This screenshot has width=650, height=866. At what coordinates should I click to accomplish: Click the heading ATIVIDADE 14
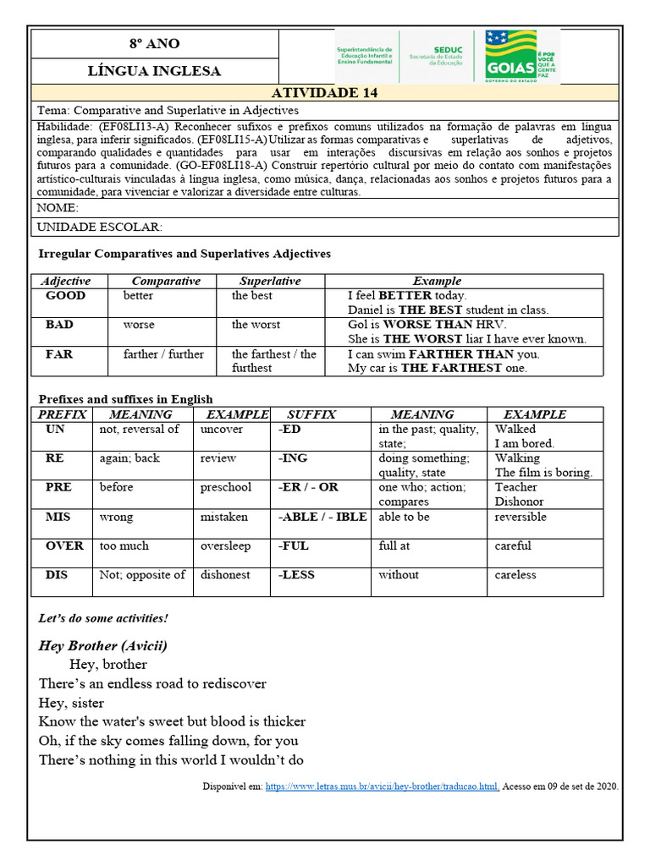pos(324,93)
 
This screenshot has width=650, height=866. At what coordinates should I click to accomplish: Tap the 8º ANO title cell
pos(154,43)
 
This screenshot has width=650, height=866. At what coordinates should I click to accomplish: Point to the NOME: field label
pos(58,208)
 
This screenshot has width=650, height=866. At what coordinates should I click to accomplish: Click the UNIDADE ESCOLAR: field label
pos(99,227)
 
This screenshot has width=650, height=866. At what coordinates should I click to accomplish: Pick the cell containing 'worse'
pos(139,325)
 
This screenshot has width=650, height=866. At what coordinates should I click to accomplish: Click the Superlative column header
pos(269,281)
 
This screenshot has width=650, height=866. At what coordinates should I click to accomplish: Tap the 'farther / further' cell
pos(163,354)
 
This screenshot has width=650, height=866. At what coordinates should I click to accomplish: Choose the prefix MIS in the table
pos(58,517)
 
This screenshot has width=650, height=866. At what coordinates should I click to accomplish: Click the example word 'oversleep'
pos(226,545)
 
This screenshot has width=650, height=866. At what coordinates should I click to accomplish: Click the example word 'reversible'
pos(521,517)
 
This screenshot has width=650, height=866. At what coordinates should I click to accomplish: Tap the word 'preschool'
pos(226,487)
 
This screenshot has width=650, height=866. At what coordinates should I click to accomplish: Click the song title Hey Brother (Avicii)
pos(103,645)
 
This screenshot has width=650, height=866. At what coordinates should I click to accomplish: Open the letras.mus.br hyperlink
pos(382,786)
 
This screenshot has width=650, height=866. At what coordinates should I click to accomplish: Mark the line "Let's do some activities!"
pos(103,618)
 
